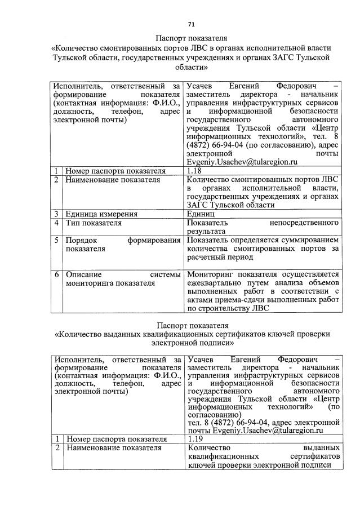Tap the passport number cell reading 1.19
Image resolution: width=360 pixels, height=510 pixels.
click(x=196, y=438)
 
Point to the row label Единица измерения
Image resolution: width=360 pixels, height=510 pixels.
click(x=101, y=214)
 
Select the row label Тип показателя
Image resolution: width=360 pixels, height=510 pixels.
click(x=94, y=223)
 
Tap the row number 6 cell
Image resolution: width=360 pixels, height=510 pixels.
click(x=57, y=274)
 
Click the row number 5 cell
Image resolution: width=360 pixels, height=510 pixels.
click(x=57, y=240)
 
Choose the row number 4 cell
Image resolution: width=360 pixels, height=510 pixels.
click(x=57, y=223)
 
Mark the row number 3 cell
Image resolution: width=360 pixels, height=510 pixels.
click(x=57, y=214)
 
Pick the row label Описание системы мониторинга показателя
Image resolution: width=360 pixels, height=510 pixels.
click(x=122, y=279)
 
